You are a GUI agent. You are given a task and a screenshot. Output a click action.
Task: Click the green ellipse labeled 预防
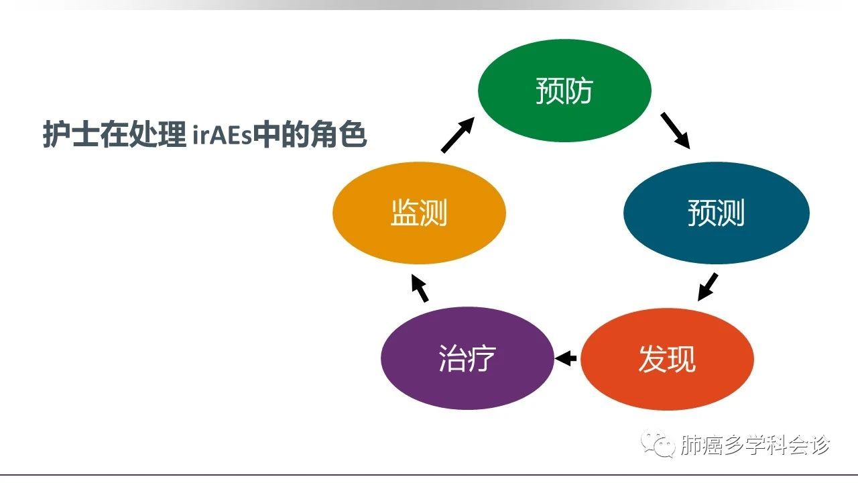(564, 91)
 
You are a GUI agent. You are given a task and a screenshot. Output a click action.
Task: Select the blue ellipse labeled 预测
(717, 213)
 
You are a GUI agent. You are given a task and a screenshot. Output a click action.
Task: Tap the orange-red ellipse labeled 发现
(667, 359)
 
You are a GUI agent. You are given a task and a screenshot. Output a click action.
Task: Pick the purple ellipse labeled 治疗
(467, 358)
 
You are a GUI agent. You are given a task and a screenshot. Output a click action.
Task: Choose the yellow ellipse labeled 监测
(419, 213)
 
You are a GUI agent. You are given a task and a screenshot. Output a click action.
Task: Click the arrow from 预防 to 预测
(675, 130)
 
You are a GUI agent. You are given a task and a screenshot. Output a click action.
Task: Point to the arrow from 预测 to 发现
(707, 287)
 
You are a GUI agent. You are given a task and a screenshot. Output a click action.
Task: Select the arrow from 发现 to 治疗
(565, 358)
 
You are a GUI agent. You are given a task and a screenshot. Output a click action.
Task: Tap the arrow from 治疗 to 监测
(420, 288)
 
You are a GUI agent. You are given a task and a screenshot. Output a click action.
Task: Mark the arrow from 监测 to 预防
(458, 135)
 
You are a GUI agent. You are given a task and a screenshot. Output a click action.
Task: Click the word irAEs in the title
(222, 135)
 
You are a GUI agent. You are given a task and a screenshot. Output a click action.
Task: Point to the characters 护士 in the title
(71, 134)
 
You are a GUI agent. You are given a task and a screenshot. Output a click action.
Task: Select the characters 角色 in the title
(339, 134)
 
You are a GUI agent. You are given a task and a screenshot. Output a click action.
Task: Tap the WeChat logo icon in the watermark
(658, 443)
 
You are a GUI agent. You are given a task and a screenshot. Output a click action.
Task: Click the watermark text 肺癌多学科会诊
(755, 445)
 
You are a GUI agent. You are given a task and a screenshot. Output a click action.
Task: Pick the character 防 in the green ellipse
(579, 91)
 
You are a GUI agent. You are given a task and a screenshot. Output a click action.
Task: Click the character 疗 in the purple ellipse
(482, 358)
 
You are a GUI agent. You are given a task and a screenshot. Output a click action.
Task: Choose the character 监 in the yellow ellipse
(404, 213)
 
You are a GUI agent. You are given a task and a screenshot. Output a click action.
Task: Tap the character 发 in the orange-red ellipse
(653, 359)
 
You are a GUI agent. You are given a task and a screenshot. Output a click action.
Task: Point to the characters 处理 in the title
(158, 134)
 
